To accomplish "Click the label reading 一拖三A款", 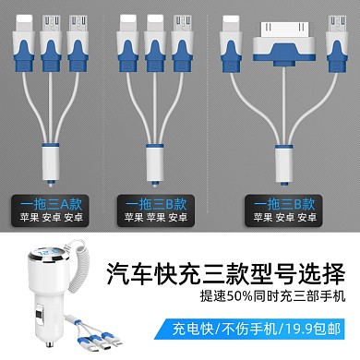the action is click(51, 204).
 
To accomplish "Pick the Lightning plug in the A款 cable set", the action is click(24, 42).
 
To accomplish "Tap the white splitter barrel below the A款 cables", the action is click(50, 164).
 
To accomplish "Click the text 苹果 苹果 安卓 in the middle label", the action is click(156, 218).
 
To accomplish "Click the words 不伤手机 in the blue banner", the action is click(249, 329).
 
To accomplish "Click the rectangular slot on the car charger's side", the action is click(40, 316).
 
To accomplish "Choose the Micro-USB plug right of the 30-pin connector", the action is click(337, 43).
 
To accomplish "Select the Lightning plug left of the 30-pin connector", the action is click(231, 43).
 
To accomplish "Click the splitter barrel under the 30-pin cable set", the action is click(283, 165).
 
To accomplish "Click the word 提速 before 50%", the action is click(213, 296).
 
